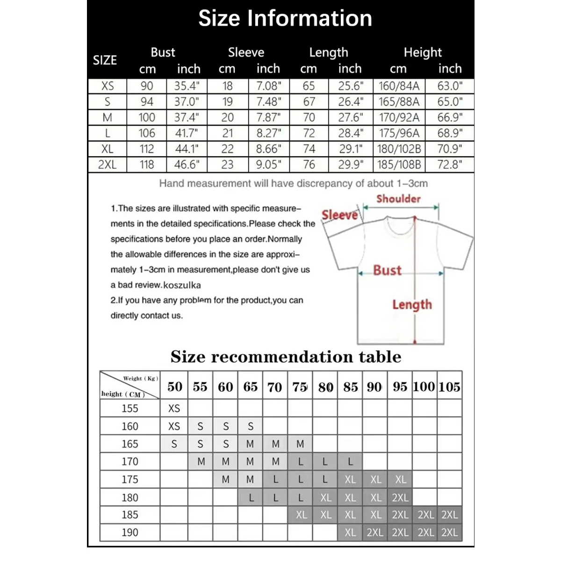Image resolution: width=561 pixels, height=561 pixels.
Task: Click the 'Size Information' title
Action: point(285,19)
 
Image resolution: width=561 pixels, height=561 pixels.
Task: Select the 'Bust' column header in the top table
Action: point(163,52)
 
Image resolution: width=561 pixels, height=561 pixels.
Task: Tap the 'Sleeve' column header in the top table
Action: point(246,52)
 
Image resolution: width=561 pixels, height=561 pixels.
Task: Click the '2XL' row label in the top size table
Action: point(107,165)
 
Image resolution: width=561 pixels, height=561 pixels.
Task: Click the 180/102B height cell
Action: point(399,149)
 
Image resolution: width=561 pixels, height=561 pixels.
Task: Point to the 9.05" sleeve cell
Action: point(269,165)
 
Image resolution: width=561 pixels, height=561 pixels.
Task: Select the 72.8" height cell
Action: point(450,165)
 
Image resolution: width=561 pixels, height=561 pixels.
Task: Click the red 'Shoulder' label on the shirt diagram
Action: point(398,199)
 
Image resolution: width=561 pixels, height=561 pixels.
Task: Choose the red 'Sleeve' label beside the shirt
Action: point(340,215)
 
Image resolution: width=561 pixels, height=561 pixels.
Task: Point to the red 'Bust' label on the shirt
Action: point(387,270)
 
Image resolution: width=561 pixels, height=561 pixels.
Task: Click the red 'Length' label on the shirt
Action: point(412,305)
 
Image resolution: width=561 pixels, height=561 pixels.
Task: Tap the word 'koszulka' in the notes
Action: point(182,285)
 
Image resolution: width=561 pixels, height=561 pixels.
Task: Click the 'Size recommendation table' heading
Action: point(286,357)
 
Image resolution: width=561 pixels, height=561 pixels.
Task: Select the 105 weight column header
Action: point(449,387)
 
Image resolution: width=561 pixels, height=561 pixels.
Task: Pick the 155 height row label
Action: point(130,408)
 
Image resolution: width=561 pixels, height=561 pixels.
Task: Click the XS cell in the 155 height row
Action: point(174,408)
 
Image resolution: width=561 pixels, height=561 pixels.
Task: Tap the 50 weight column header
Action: point(175,387)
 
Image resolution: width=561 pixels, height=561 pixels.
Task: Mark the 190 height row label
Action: point(130,532)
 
